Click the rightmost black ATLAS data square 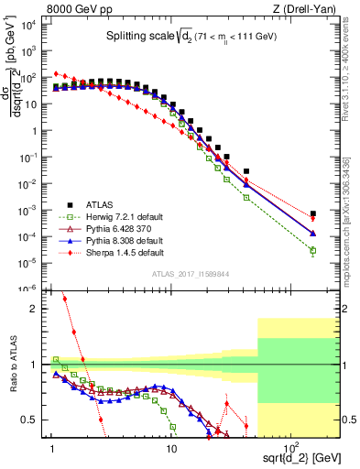313,213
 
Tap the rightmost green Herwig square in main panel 313,250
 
